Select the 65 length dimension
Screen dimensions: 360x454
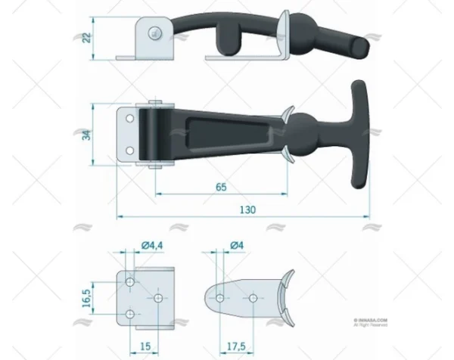[x=221, y=185]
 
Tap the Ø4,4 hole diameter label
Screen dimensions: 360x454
[x=152, y=244]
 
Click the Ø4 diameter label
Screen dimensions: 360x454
[x=235, y=244]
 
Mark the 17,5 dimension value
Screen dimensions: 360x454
[x=235, y=346]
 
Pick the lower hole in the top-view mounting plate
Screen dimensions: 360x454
[x=129, y=151]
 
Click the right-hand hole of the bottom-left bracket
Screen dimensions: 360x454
[x=158, y=298]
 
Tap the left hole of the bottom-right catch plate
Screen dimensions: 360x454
[x=219, y=298]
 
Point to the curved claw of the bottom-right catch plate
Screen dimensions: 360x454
[x=284, y=298]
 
